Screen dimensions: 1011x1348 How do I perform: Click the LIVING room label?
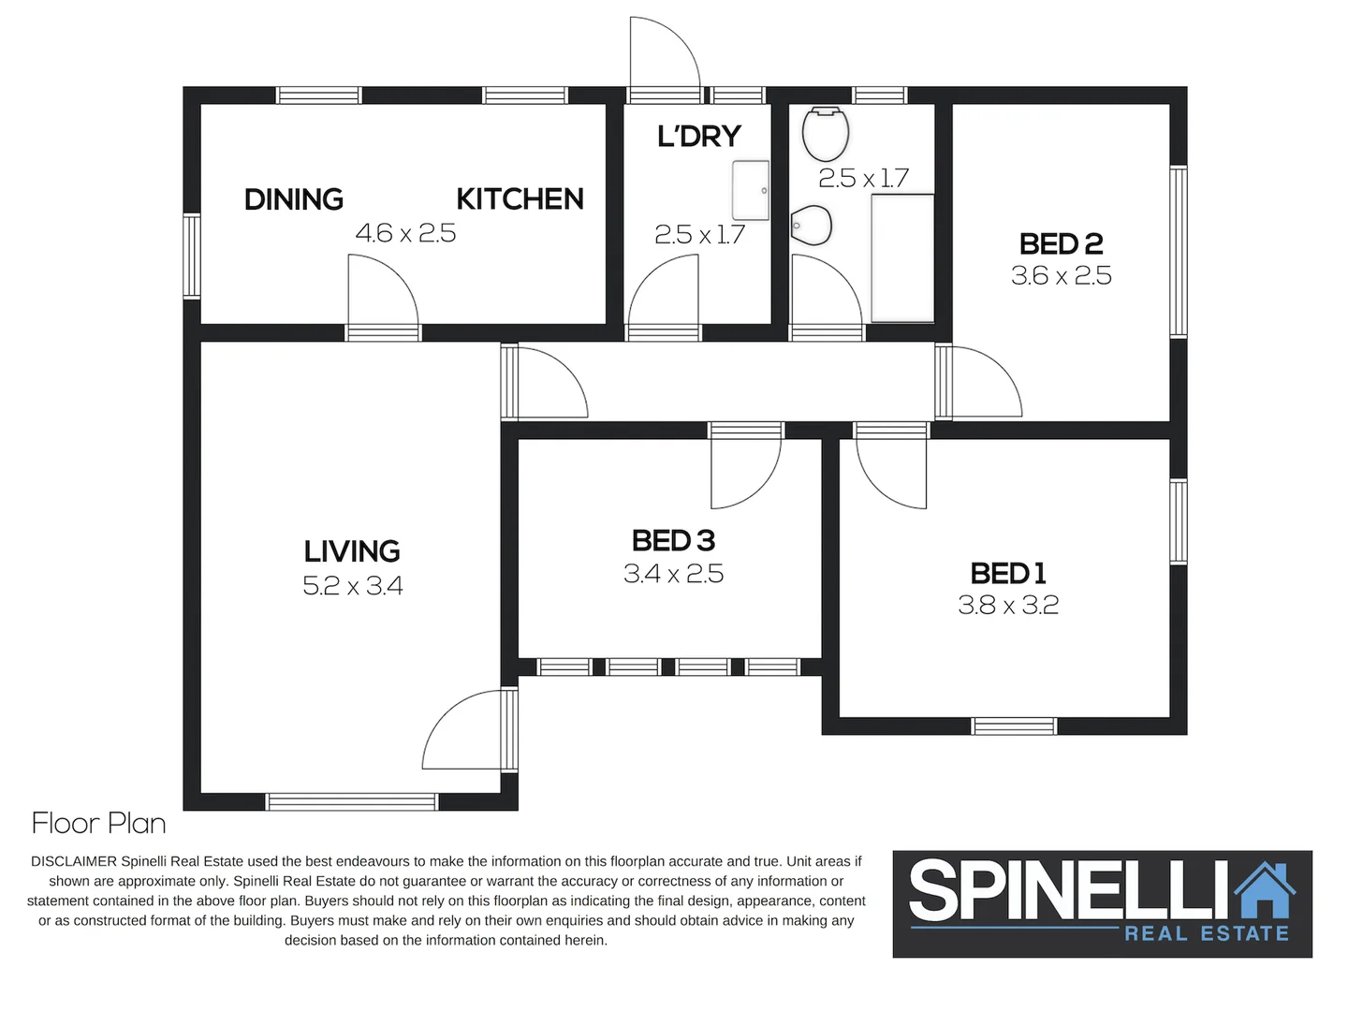click(x=352, y=551)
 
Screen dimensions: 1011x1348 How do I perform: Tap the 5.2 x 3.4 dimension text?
click(x=352, y=586)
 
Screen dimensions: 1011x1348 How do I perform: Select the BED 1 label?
click(x=1008, y=573)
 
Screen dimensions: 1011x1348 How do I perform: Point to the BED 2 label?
click(x=1061, y=244)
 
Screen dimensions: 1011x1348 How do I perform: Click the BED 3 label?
click(x=673, y=541)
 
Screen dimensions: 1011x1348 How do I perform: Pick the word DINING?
click(x=293, y=199)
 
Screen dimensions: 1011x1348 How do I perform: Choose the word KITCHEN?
click(x=520, y=199)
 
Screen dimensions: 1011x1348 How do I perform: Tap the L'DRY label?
click(x=698, y=137)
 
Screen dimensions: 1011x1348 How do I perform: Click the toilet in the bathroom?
click(x=825, y=134)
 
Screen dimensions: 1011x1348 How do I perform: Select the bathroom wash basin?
click(x=812, y=226)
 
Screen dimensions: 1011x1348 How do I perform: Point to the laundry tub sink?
click(x=750, y=191)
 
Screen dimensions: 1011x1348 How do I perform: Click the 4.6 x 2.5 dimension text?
click(x=405, y=233)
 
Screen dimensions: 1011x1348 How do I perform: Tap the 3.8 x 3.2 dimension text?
click(x=1008, y=606)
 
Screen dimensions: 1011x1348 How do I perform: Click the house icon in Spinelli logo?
click(x=1265, y=890)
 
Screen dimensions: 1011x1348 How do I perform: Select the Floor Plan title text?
click(x=98, y=824)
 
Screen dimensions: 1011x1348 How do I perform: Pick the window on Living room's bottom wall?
click(x=352, y=801)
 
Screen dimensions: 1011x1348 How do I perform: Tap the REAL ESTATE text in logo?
click(x=1206, y=933)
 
